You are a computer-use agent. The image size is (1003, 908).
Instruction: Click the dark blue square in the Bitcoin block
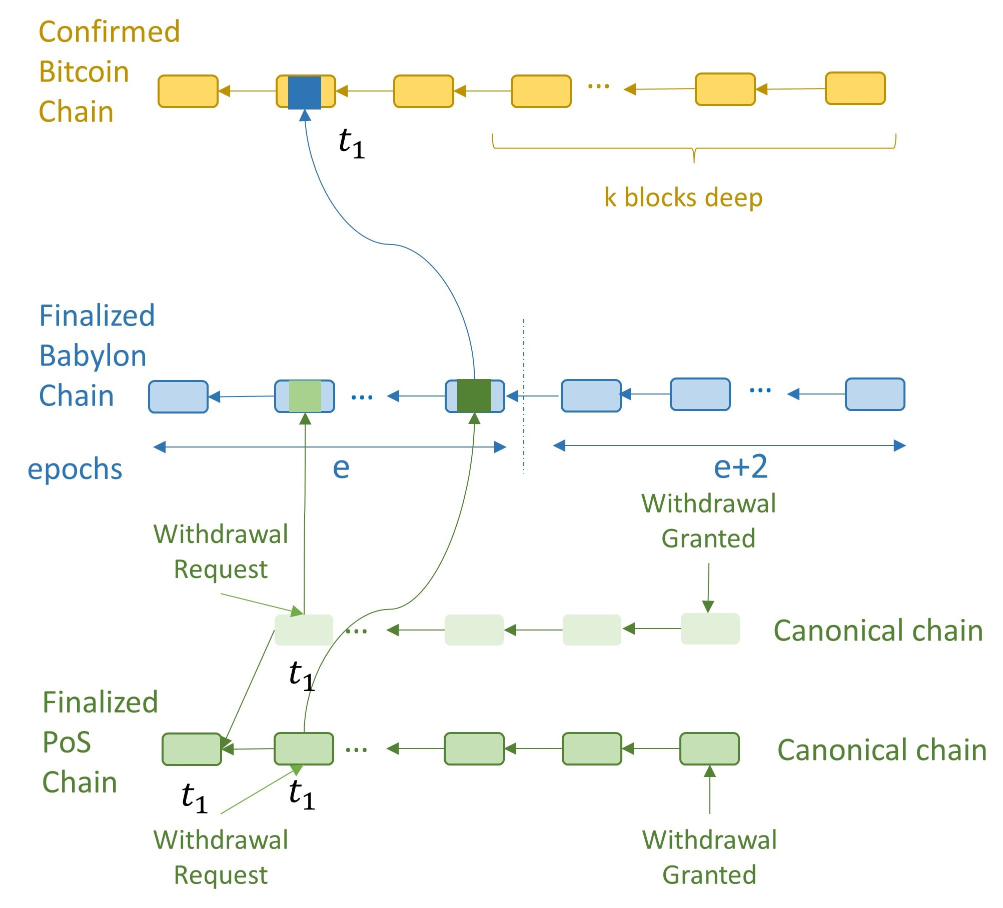click(x=305, y=92)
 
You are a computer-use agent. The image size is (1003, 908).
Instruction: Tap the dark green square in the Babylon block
click(x=474, y=396)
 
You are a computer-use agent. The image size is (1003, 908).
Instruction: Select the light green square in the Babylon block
click(x=305, y=396)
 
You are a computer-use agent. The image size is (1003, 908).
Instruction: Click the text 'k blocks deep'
click(x=683, y=197)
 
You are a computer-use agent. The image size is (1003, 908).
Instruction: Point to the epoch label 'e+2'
click(x=740, y=467)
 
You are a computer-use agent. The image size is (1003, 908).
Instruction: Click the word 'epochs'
click(x=75, y=469)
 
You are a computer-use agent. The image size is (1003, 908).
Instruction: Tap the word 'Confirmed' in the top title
click(x=109, y=32)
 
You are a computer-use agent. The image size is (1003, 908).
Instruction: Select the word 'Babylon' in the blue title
click(x=93, y=356)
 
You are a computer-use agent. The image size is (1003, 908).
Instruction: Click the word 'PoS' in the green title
click(x=67, y=742)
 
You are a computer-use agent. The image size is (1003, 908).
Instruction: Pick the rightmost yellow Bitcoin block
click(x=855, y=88)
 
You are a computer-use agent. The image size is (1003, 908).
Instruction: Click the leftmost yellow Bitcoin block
click(x=188, y=91)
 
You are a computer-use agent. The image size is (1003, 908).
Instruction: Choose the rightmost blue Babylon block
click(x=875, y=394)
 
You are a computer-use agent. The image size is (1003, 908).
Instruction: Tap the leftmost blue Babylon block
click(x=178, y=397)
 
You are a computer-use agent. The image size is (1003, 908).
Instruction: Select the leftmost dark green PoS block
click(x=192, y=749)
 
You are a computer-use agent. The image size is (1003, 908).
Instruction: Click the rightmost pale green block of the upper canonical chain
click(x=710, y=629)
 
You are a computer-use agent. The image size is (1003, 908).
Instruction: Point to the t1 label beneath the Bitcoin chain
click(x=352, y=143)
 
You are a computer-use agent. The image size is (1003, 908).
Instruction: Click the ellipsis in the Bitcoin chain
click(x=598, y=86)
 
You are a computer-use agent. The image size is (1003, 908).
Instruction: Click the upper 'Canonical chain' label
click(x=878, y=630)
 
